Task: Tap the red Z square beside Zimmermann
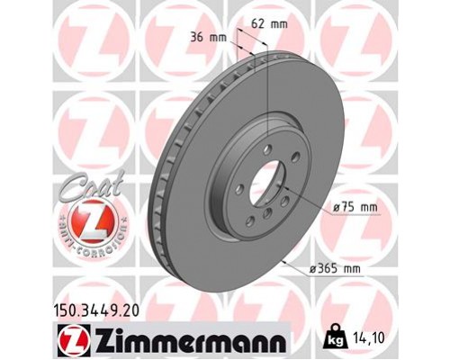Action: pyautogui.click(x=70, y=340)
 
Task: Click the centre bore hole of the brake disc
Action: pyautogui.click(x=268, y=187)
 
